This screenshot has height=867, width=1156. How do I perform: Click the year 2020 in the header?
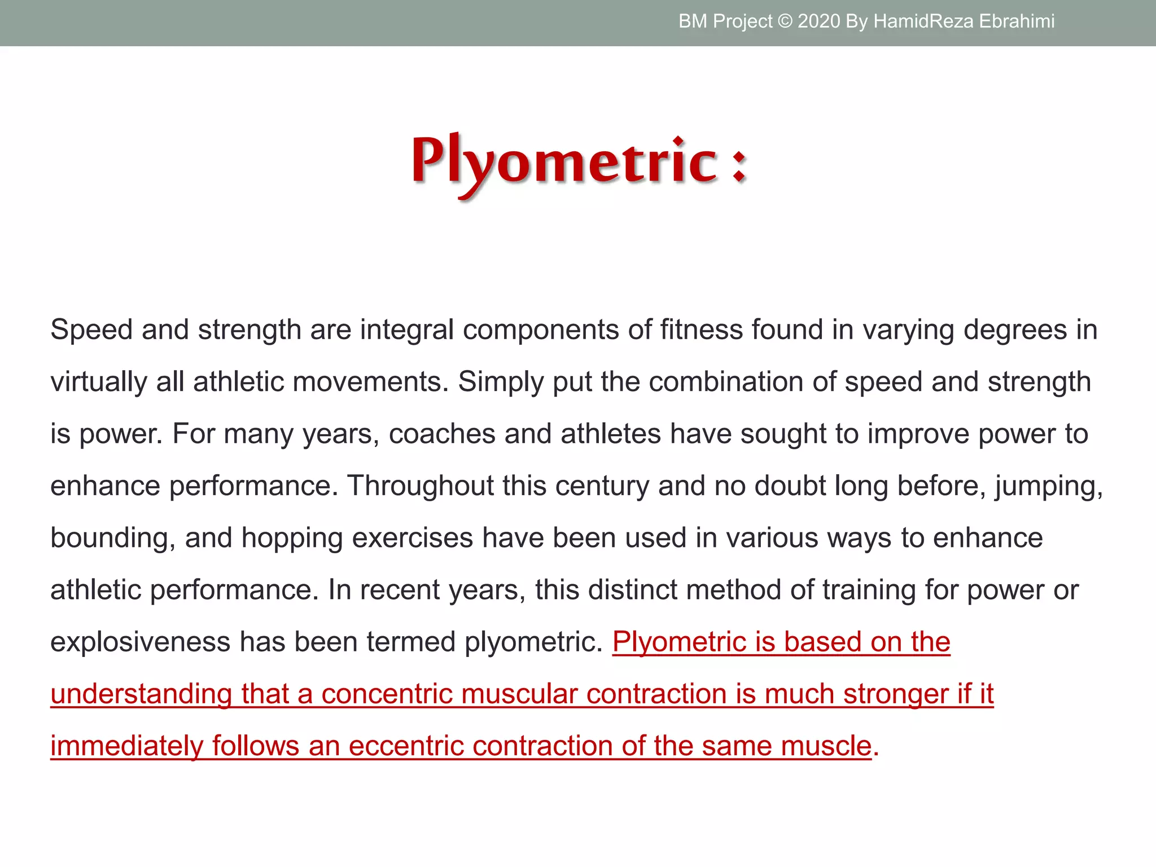(818, 21)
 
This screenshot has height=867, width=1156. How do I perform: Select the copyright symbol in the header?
(785, 21)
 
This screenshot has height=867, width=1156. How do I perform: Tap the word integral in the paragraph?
(406, 330)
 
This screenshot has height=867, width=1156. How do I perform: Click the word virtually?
(99, 382)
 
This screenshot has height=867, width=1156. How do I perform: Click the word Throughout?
(421, 485)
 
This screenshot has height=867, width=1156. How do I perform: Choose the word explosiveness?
(140, 642)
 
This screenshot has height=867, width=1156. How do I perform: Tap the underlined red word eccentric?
(406, 746)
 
